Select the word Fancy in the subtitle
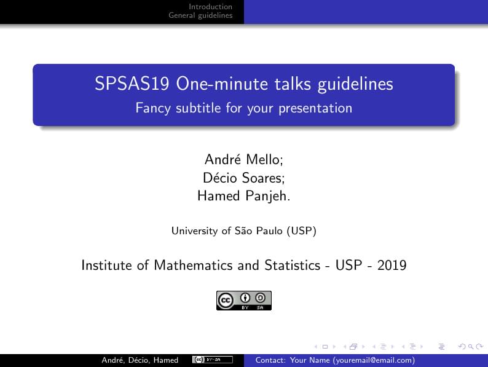pos(151,109)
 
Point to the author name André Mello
pos(243,160)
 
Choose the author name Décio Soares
pos(243,178)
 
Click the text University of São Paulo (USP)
pos(243,231)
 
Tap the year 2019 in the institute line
pos(392,266)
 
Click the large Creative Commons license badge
pos(243,300)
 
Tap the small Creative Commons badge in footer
pos(212,360)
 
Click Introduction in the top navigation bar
pos(210,7)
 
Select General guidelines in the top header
pos(200,15)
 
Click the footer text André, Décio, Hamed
pos(140,360)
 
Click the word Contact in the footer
pos(269,360)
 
